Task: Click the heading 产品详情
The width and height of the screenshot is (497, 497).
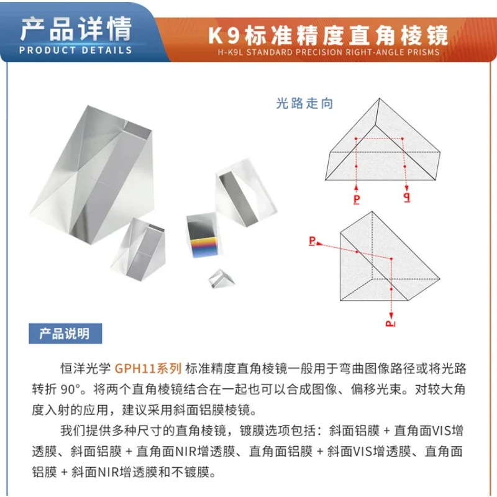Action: [x=76, y=29]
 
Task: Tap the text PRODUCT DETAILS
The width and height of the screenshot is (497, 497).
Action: [x=75, y=50]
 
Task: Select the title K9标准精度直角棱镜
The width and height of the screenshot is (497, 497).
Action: [x=328, y=35]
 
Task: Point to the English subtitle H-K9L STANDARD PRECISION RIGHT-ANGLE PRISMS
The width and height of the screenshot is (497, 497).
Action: [x=329, y=52]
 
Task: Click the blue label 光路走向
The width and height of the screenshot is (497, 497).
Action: [x=304, y=104]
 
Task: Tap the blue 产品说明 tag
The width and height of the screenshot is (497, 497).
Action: [x=65, y=334]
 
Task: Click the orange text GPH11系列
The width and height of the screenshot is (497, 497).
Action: [x=148, y=368]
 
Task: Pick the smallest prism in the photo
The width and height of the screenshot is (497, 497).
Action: [x=222, y=278]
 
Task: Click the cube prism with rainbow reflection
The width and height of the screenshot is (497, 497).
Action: [x=203, y=235]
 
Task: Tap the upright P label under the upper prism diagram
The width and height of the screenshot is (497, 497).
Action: [x=357, y=199]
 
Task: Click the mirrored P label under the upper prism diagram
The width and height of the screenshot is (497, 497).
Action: [x=407, y=197]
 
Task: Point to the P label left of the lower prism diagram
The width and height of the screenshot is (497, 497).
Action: [x=312, y=241]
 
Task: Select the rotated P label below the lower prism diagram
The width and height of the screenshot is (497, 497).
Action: [x=391, y=324]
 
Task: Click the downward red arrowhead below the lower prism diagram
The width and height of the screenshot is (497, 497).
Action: [x=391, y=316]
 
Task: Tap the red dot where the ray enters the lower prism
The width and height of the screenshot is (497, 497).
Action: [x=357, y=252]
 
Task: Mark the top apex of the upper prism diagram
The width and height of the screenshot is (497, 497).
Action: [x=380, y=99]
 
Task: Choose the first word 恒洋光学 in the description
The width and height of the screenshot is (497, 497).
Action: [x=86, y=368]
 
